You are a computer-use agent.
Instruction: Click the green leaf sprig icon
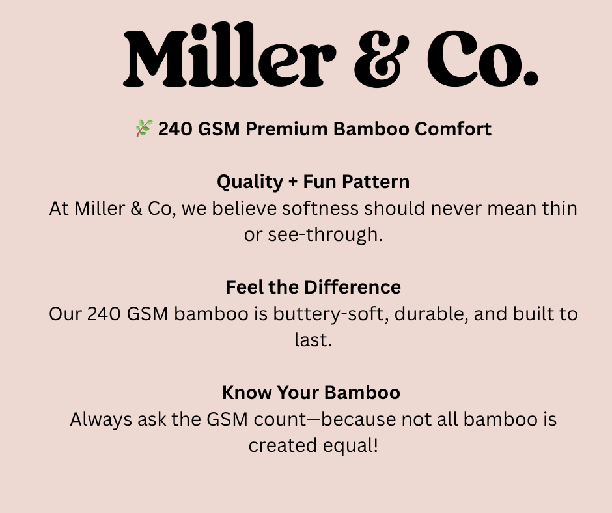(x=144, y=128)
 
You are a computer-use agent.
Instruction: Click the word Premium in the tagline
(x=286, y=129)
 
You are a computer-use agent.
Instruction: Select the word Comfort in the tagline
(x=452, y=129)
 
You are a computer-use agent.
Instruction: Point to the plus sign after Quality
(x=293, y=182)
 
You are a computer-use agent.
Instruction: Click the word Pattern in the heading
(x=376, y=182)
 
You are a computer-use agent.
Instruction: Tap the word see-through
(x=325, y=234)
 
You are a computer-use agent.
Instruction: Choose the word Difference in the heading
(x=352, y=287)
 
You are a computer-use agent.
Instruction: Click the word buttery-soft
(x=331, y=314)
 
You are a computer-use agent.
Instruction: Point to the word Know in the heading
(x=247, y=393)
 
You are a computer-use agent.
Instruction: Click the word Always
(x=101, y=420)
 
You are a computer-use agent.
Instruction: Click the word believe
(x=244, y=208)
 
